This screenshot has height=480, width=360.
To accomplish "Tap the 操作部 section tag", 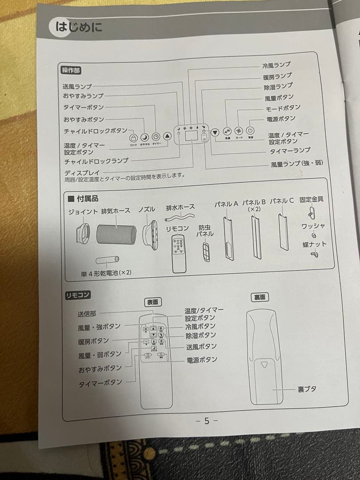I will [x=71, y=70].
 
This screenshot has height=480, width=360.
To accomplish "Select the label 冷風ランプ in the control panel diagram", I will [x=276, y=65].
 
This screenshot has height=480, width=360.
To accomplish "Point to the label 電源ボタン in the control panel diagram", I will [x=280, y=119].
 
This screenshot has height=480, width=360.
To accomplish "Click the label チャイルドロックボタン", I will [x=95, y=131].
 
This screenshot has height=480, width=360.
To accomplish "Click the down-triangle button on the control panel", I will [x=215, y=132].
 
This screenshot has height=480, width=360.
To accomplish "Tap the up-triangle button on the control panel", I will [x=167, y=136].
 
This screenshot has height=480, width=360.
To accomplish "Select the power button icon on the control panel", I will [x=250, y=131].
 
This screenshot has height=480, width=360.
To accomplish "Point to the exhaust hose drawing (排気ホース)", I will [x=116, y=233].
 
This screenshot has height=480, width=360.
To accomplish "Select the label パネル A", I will [x=226, y=204].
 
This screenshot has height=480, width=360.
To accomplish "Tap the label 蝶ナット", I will [x=314, y=244].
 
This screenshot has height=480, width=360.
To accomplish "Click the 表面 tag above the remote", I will [x=152, y=302].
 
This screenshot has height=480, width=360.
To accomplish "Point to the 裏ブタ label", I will [x=307, y=389].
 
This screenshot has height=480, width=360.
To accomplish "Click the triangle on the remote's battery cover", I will [x=265, y=365].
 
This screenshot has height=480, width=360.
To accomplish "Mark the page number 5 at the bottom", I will [x=207, y=420].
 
